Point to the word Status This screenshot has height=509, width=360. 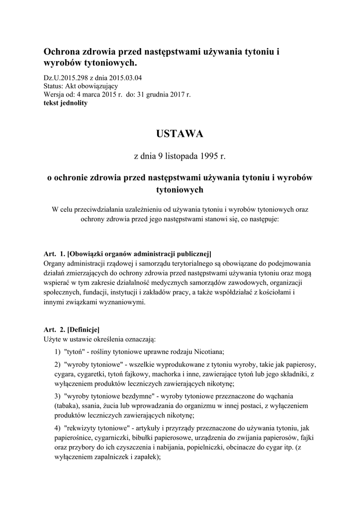(53, 86)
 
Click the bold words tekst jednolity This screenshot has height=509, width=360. (65, 102)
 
